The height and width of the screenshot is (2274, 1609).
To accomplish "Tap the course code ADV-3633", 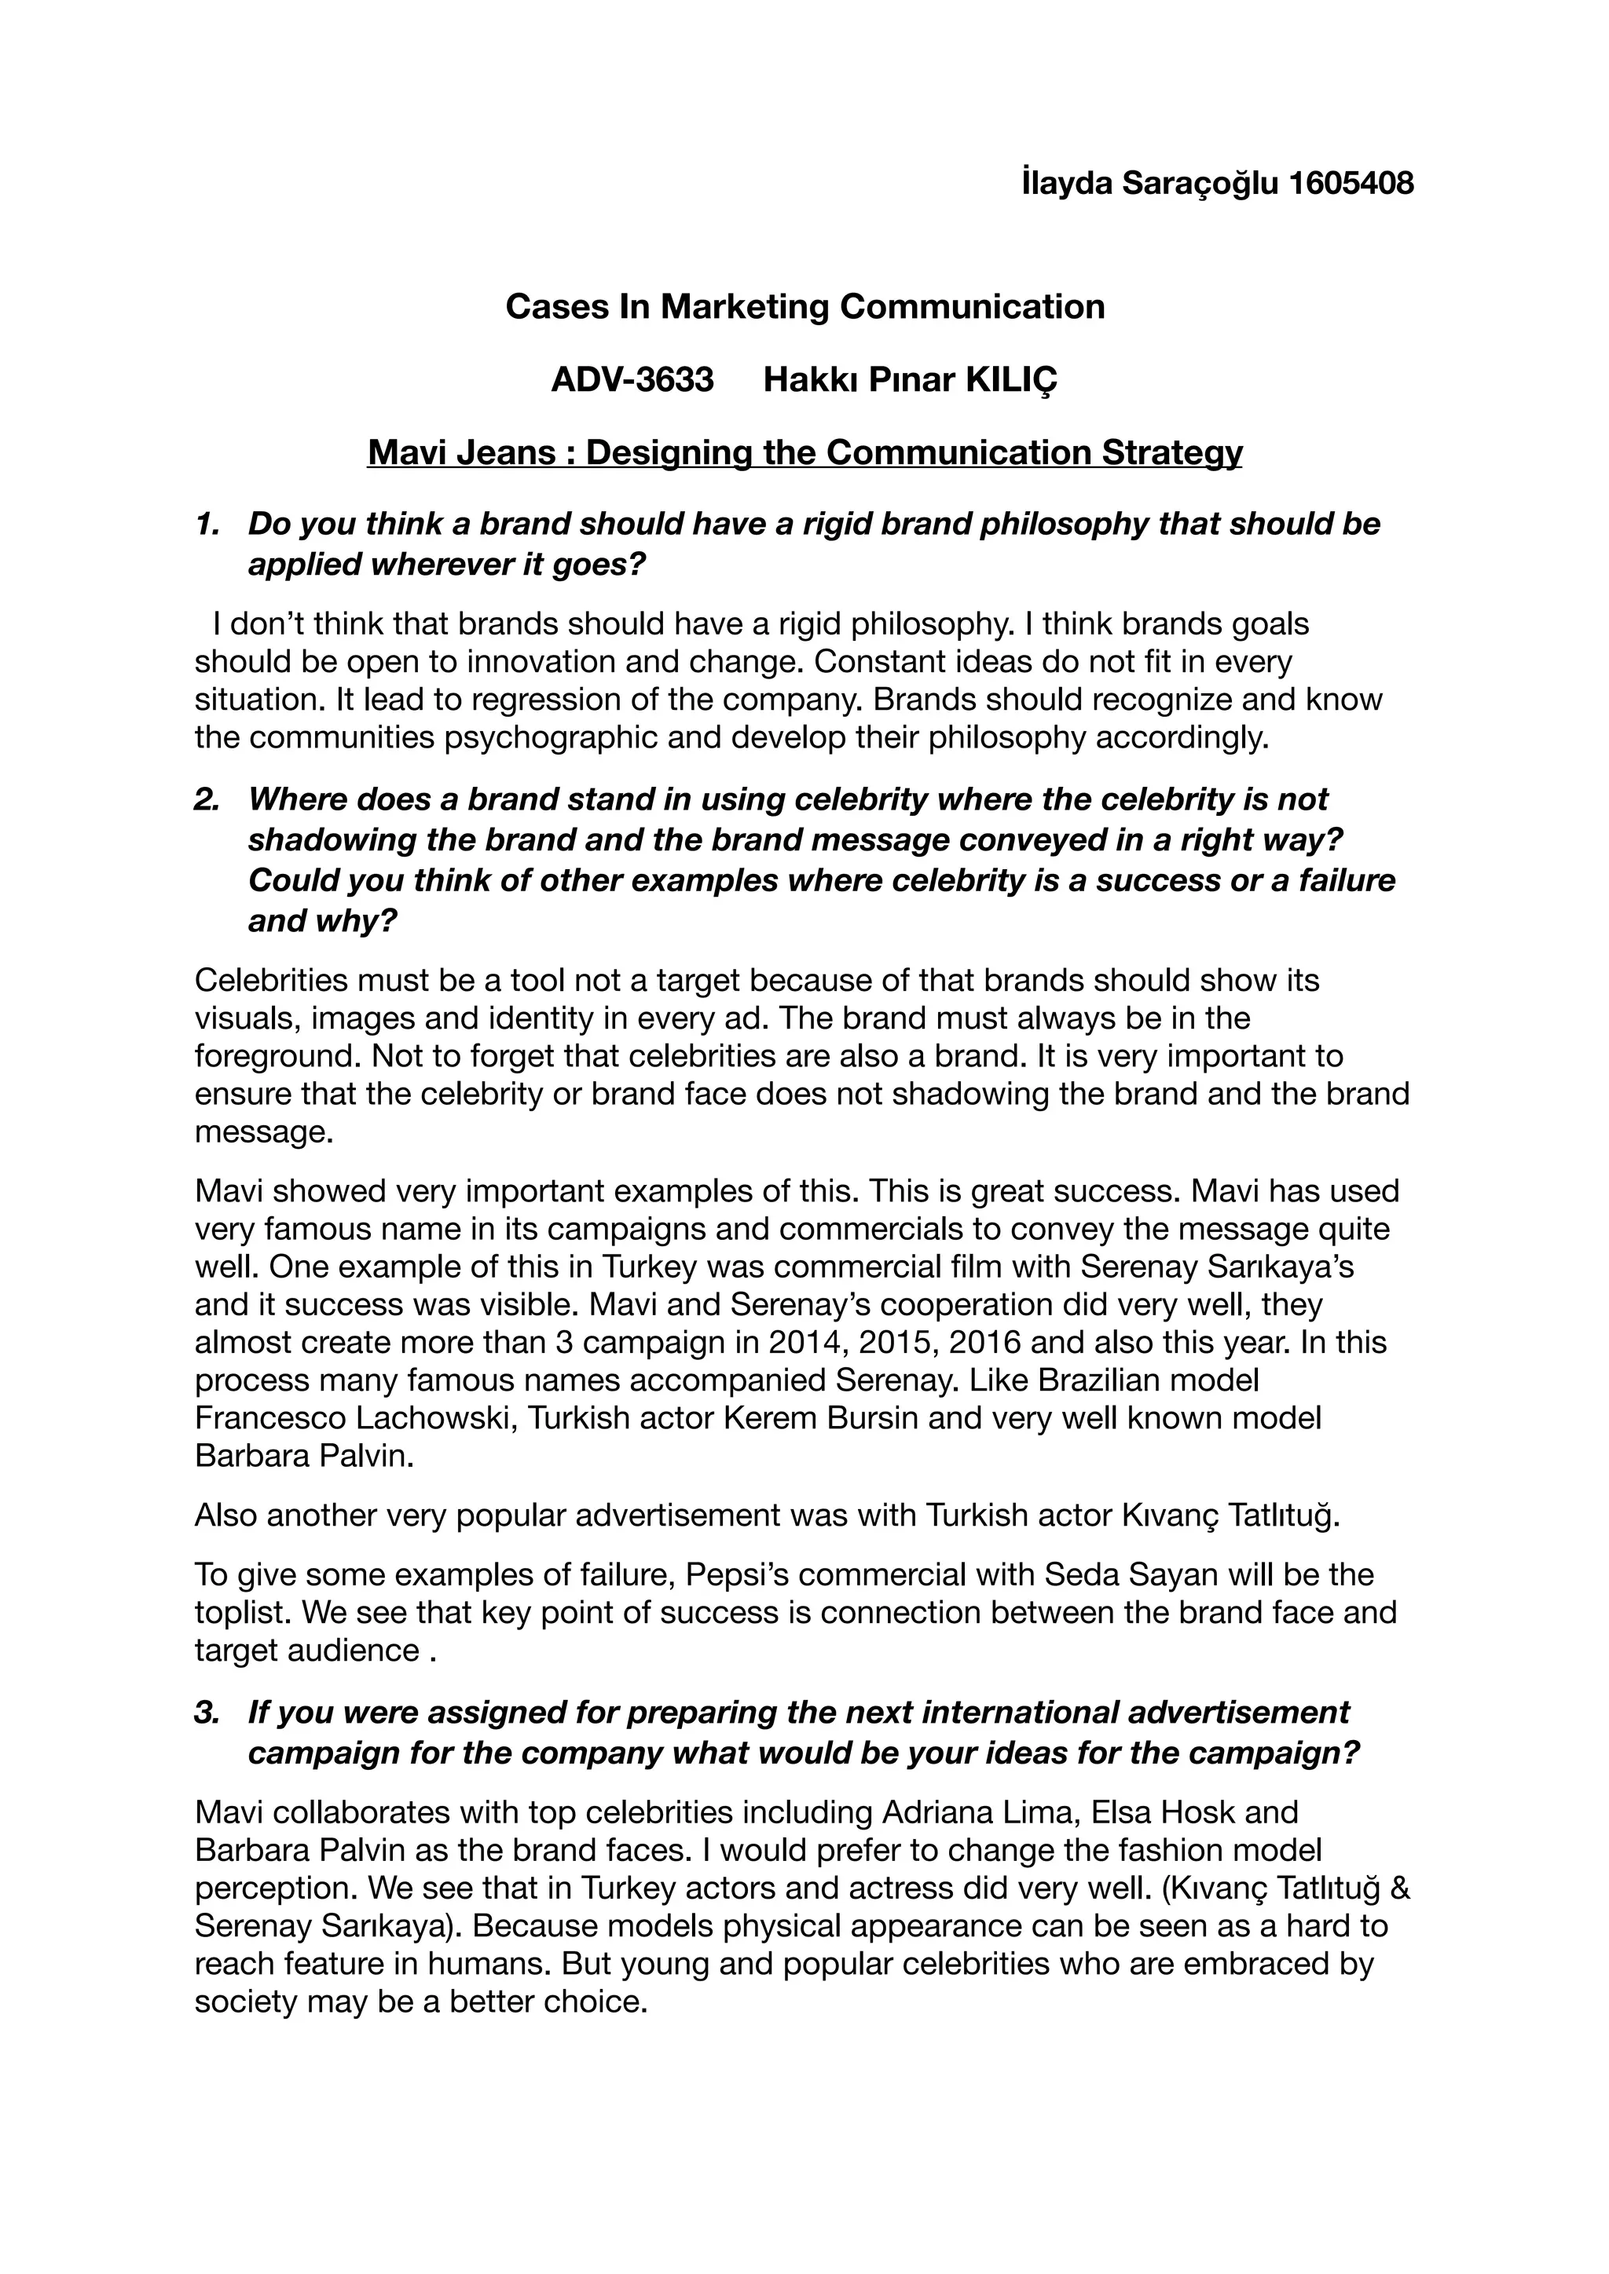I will pyautogui.click(x=632, y=379).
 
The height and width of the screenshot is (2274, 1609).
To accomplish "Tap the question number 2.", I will pyautogui.click(x=207, y=799).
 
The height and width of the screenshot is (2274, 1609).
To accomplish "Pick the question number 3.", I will pyautogui.click(x=207, y=1713).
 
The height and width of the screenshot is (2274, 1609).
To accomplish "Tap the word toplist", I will pyautogui.click(x=240, y=1614).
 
